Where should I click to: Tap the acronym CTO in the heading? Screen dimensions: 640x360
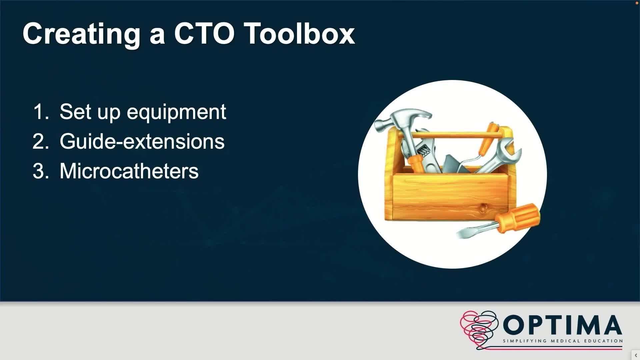pyautogui.click(x=204, y=34)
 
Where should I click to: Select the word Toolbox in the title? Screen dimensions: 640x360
pyautogui.click(x=300, y=34)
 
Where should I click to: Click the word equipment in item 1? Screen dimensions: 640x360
pyautogui.click(x=176, y=113)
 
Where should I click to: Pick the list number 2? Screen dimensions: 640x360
pyautogui.click(x=41, y=141)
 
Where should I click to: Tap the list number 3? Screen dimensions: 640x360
pyautogui.click(x=41, y=171)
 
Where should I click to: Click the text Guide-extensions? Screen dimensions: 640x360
pyautogui.click(x=142, y=141)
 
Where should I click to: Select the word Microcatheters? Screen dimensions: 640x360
pyautogui.click(x=129, y=171)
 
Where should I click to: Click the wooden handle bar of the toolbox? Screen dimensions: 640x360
pyautogui.click(x=457, y=135)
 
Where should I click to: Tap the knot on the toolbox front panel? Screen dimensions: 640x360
pyautogui.click(x=482, y=208)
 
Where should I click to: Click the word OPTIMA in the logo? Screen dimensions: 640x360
pyautogui.click(x=562, y=325)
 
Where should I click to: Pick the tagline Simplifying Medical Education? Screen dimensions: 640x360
pyautogui.click(x=563, y=341)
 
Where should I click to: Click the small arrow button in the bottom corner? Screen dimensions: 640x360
pyautogui.click(x=636, y=355)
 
